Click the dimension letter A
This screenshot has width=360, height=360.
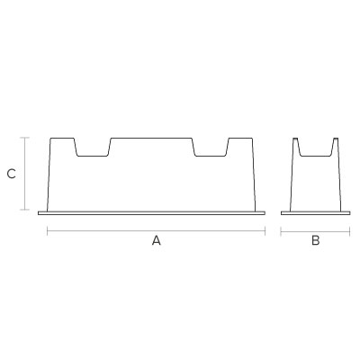pos(157,240)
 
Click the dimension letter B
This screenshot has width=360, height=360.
pos(316,240)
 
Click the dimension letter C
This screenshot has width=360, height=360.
pos(12,174)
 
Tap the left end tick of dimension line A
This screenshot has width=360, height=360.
pos(48,231)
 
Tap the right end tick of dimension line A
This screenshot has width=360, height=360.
pos(265,231)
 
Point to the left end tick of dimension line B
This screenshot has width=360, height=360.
pos(281,231)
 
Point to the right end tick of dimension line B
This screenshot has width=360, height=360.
pos(350,231)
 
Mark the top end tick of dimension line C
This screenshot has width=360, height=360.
pos(24,138)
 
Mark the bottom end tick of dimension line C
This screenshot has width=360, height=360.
pos(24,210)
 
